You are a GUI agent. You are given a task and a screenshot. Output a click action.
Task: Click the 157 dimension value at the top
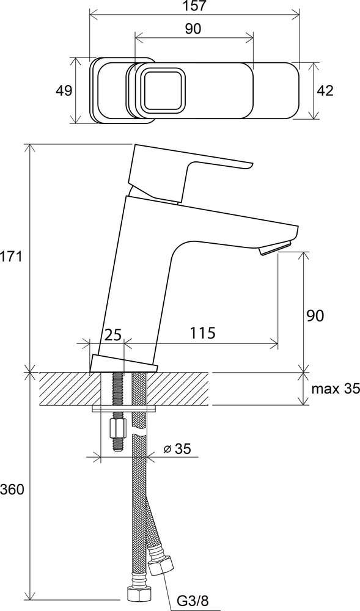click(194, 6)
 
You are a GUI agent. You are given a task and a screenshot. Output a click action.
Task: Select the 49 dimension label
click(64, 91)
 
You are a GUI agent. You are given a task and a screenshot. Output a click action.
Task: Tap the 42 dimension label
click(325, 91)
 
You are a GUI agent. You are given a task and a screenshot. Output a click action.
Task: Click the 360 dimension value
click(12, 489)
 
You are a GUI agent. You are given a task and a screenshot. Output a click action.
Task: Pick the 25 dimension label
click(113, 334)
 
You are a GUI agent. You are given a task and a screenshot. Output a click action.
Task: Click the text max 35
click(335, 389)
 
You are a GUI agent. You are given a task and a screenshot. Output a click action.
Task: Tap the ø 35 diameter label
click(177, 449)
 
